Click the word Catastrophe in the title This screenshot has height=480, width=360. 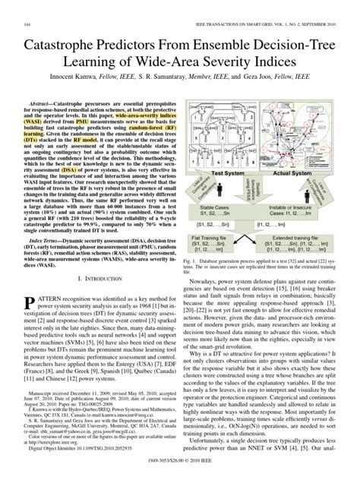57,31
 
